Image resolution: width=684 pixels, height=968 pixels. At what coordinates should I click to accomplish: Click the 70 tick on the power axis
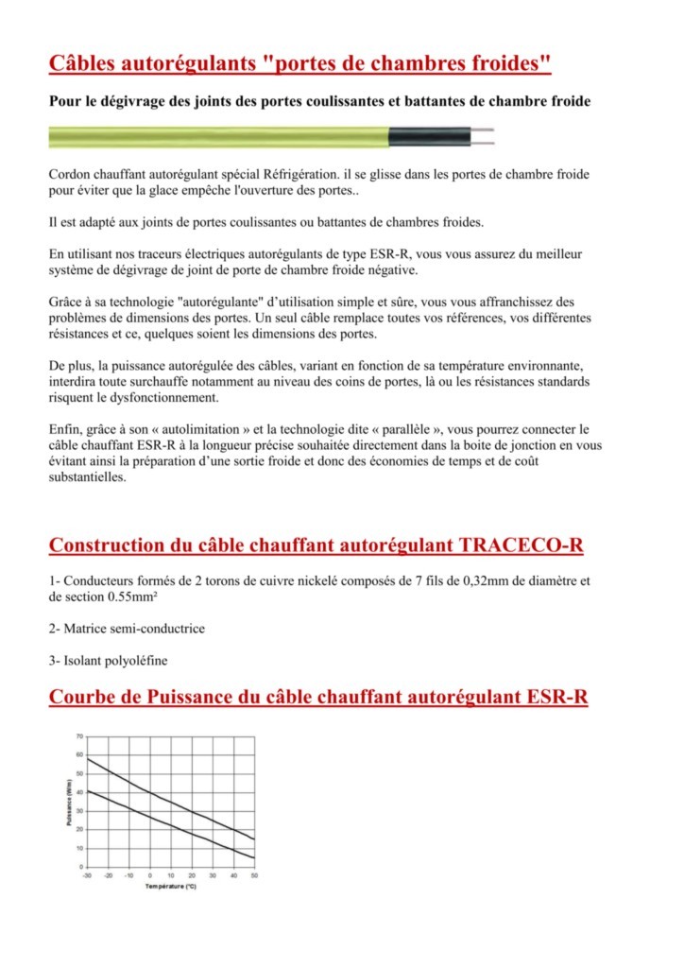tap(79, 735)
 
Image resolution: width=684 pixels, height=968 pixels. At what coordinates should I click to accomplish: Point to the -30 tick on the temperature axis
tap(87, 876)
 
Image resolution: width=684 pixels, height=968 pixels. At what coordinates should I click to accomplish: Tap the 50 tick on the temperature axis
tap(254, 876)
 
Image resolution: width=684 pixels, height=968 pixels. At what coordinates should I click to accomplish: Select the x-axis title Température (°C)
tap(170, 887)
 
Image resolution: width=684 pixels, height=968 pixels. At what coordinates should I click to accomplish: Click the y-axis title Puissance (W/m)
tap(70, 802)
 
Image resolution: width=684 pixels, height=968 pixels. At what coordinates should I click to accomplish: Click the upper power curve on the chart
tap(170, 800)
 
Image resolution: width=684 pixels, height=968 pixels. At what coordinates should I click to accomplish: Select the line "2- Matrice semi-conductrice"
tap(127, 628)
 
